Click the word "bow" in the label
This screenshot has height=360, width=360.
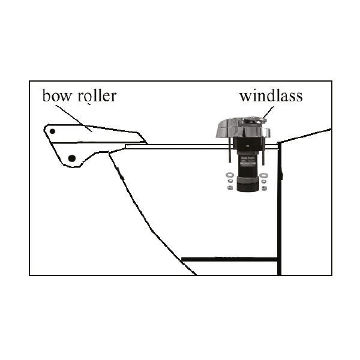tap(57, 95)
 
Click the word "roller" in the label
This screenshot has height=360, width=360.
tap(97, 95)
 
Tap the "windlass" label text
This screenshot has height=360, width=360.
tap(271, 95)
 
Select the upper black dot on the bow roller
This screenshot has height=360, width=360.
tap(52, 131)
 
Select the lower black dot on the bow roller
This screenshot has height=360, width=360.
tap(72, 158)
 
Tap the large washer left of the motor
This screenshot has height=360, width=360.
tap(229, 175)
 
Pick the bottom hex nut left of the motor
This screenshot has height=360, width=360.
tap(229, 188)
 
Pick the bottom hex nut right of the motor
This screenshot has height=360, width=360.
tap(264, 188)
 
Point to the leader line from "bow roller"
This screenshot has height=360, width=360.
tap(74, 118)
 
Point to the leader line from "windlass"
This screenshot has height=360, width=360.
tap(268, 112)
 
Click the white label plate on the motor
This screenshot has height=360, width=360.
tap(248, 164)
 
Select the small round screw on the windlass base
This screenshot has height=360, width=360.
tap(247, 146)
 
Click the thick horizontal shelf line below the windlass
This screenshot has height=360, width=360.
tap(230, 260)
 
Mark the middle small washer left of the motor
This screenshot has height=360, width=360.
tap(230, 182)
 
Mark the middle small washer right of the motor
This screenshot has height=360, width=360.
tap(263, 182)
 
